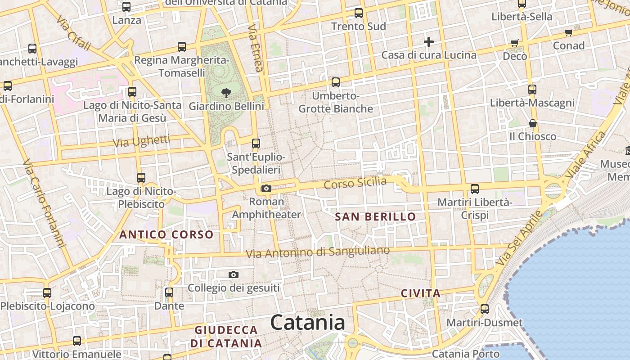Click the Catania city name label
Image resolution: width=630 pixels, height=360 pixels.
(308, 323)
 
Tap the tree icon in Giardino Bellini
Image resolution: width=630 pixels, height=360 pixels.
(226, 93)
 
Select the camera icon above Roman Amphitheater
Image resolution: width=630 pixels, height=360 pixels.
(266, 188)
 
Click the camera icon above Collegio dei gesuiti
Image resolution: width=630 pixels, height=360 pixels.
(233, 274)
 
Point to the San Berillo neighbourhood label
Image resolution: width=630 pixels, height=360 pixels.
(375, 216)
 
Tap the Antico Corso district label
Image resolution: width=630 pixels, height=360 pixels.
(166, 234)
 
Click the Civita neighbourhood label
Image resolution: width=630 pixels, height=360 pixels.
(420, 293)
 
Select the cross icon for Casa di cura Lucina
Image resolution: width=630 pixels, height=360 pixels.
(428, 42)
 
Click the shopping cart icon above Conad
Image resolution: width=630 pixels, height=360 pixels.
(568, 32)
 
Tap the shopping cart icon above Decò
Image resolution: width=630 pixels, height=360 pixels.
(514, 43)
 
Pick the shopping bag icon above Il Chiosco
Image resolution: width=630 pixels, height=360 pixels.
(532, 123)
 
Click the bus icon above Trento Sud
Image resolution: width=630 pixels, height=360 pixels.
(358, 13)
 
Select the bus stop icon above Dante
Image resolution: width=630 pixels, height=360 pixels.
(169, 292)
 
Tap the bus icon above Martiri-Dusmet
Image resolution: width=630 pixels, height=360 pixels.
(484, 309)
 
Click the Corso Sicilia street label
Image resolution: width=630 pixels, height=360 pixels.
(355, 183)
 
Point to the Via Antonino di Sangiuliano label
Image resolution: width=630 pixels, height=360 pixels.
(318, 252)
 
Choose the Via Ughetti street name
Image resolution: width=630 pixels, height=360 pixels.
(141, 141)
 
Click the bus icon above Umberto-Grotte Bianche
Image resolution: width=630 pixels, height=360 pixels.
(335, 82)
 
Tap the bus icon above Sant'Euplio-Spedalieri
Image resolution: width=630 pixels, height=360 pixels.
(256, 144)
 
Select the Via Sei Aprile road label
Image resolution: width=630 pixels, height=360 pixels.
(519, 238)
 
